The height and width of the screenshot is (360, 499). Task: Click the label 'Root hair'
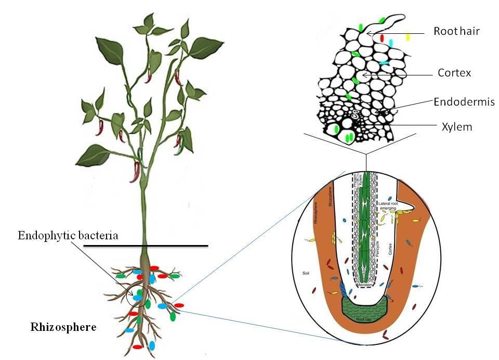(x=456, y=32)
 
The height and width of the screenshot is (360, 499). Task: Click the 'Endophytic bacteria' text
(x=68, y=236)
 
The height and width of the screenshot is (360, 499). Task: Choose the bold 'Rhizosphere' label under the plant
(x=63, y=327)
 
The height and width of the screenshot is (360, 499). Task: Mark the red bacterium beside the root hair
(x=382, y=38)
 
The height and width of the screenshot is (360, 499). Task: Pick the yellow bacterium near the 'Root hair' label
(x=408, y=37)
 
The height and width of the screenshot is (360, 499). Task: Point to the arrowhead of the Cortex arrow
(x=363, y=75)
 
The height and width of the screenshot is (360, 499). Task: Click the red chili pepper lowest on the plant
(x=136, y=172)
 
